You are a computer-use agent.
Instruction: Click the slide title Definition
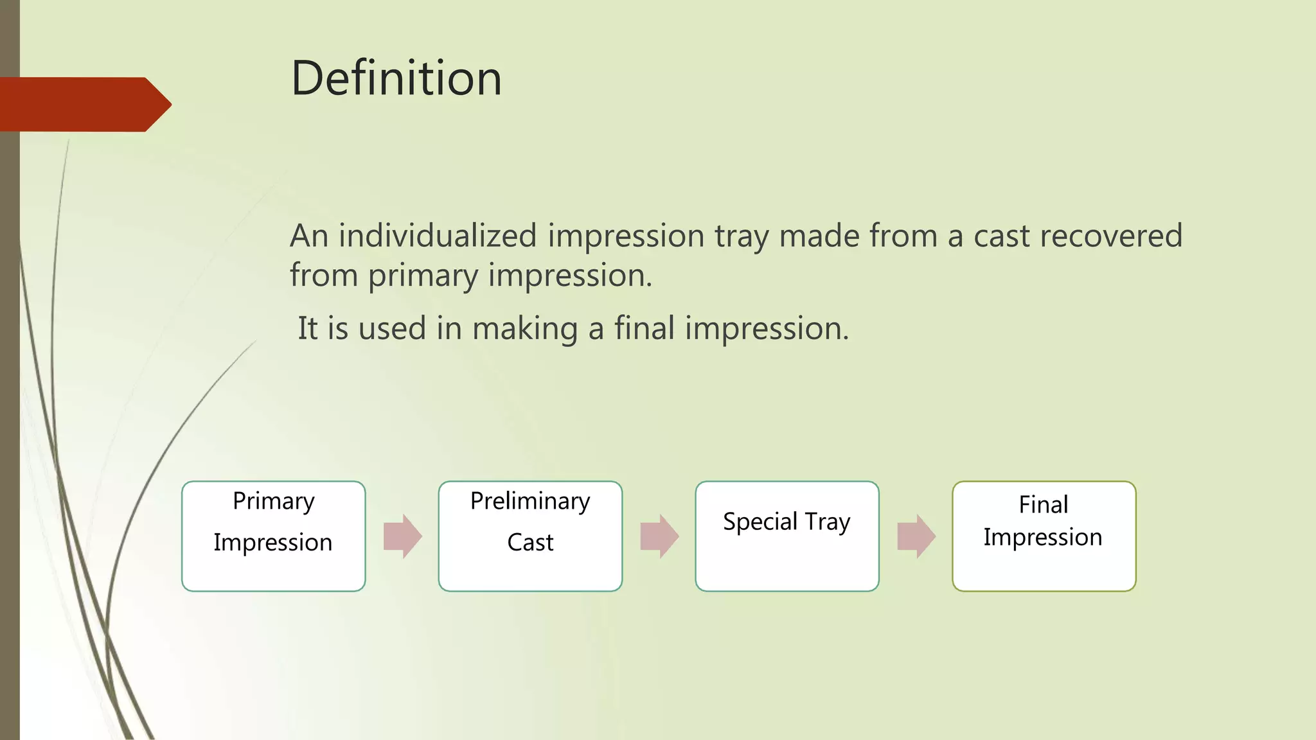click(x=396, y=78)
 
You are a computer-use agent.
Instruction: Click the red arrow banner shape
click(x=84, y=104)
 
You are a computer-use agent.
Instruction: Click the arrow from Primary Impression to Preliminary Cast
click(x=402, y=536)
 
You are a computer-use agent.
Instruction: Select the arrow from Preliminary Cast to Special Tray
click(x=659, y=536)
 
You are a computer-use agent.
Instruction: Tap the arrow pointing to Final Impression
click(x=916, y=536)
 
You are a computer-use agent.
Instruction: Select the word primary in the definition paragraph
click(x=423, y=276)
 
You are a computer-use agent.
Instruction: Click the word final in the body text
click(x=644, y=328)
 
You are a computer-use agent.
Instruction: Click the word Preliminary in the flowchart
click(x=530, y=502)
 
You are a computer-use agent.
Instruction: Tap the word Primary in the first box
click(x=274, y=502)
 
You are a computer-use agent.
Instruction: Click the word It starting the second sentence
click(x=308, y=328)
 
